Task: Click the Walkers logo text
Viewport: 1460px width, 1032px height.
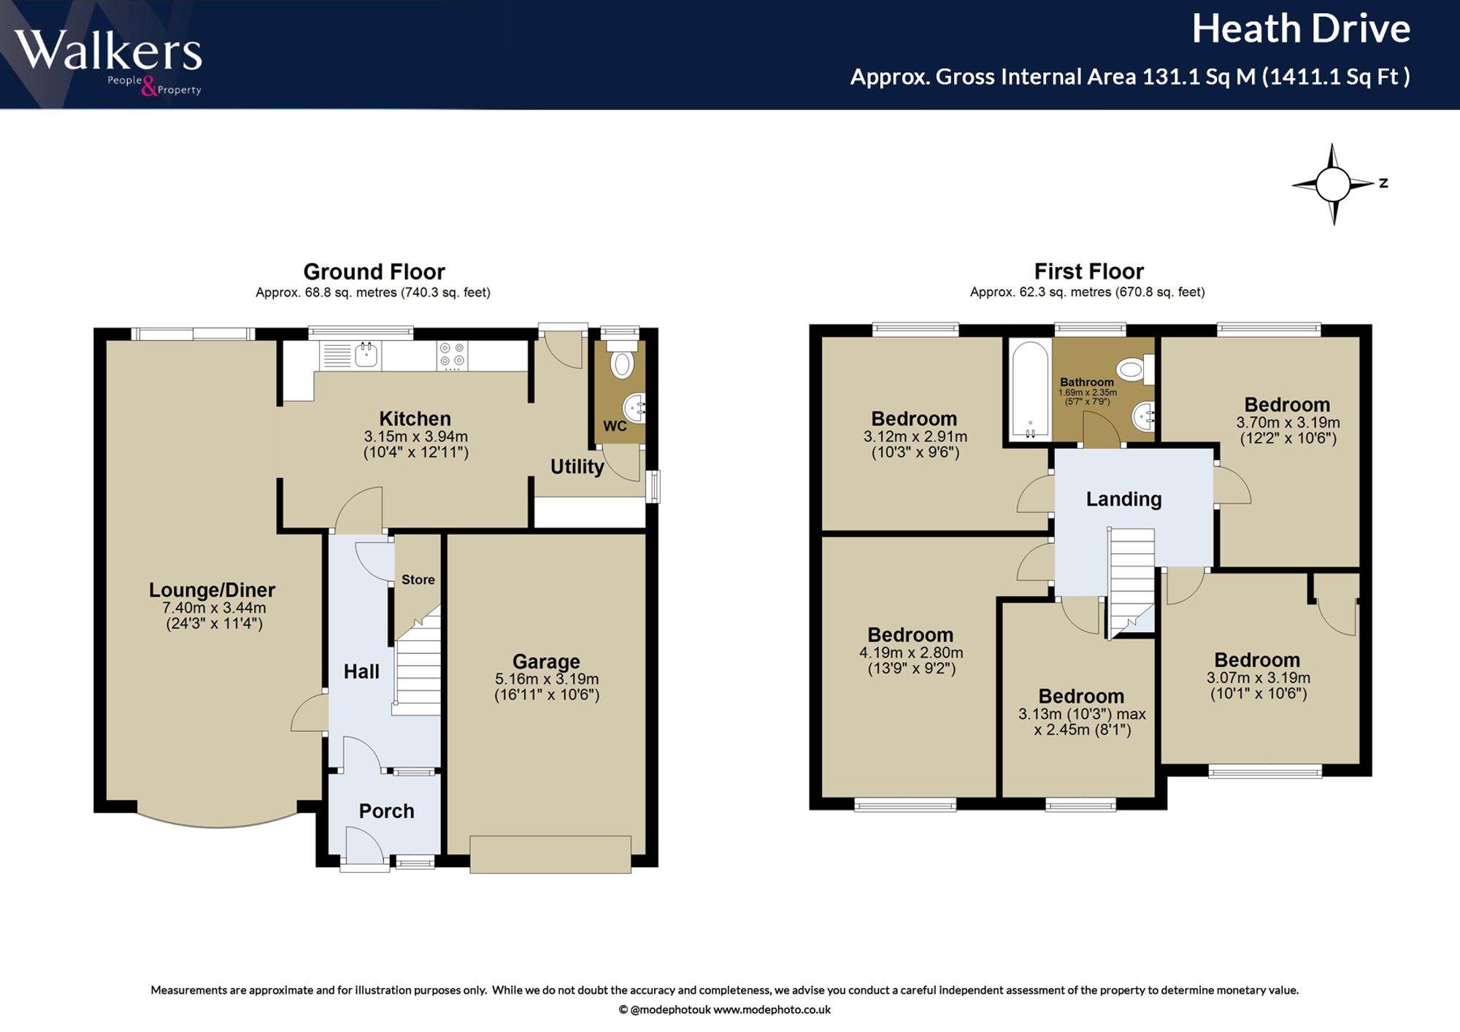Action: click(x=108, y=50)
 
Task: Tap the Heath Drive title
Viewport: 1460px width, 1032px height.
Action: click(x=1301, y=29)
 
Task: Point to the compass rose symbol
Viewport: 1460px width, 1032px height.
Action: click(x=1334, y=184)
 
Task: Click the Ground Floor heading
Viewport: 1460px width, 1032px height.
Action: click(x=374, y=272)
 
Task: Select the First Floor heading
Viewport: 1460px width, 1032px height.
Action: click(x=1088, y=272)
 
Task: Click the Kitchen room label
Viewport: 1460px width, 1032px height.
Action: click(x=415, y=418)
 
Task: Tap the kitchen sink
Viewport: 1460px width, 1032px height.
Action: click(x=366, y=355)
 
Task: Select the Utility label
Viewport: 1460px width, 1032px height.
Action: click(x=577, y=466)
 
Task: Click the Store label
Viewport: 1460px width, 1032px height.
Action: click(x=418, y=579)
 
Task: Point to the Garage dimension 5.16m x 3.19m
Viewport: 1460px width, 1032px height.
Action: click(x=547, y=679)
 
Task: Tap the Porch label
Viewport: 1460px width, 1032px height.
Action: click(x=386, y=811)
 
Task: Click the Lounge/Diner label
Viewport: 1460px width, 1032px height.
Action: click(x=212, y=590)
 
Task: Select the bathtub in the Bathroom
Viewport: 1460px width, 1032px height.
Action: click(x=1030, y=390)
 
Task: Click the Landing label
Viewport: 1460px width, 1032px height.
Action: click(x=1123, y=499)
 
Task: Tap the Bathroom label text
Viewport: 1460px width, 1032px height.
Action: click(x=1087, y=382)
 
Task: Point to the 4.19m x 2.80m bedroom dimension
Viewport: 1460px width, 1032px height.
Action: click(x=911, y=652)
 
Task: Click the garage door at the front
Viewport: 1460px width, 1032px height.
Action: click(x=550, y=854)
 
